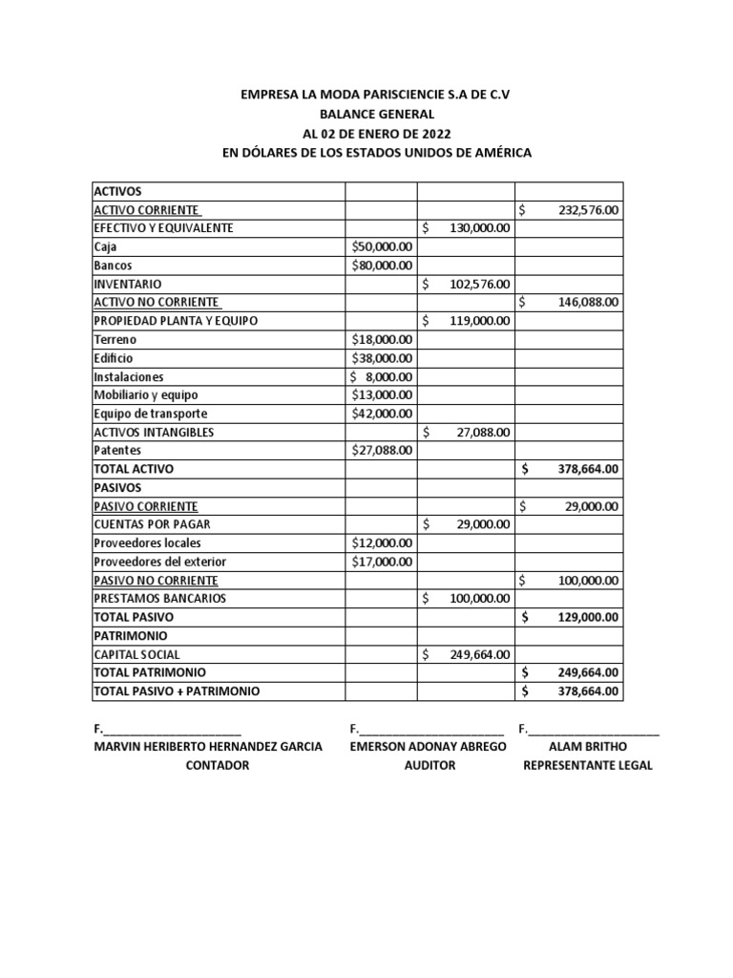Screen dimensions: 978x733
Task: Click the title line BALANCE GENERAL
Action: tap(369, 115)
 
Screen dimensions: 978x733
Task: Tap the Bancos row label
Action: tap(113, 265)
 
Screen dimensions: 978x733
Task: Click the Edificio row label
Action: tap(114, 358)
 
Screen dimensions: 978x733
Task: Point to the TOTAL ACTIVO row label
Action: tap(134, 469)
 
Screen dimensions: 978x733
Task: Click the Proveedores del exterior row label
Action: tap(159, 562)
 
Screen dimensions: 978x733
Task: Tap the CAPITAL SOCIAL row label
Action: tap(136, 655)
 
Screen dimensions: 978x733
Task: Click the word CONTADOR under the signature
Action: tap(217, 765)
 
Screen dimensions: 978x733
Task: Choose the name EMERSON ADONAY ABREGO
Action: tap(429, 746)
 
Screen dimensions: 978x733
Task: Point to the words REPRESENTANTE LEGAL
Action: tap(588, 765)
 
